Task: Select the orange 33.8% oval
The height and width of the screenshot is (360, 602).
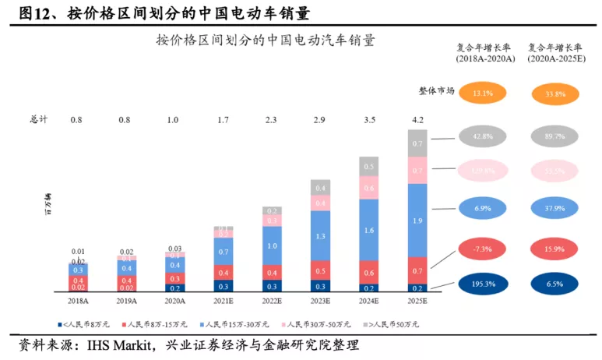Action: (x=554, y=94)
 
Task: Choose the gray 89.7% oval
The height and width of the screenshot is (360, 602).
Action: (x=554, y=136)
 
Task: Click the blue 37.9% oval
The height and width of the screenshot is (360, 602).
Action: (x=554, y=209)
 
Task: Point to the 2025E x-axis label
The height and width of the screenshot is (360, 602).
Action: (x=418, y=298)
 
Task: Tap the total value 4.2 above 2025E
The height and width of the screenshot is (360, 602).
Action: (x=418, y=119)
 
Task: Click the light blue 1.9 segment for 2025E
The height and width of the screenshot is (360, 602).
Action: (x=418, y=221)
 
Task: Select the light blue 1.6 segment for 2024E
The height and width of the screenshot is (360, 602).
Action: (x=369, y=230)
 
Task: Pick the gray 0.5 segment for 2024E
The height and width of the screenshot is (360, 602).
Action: (x=369, y=167)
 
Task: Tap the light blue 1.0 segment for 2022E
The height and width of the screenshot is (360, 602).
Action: (x=272, y=245)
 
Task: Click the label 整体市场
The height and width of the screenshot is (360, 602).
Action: (x=436, y=90)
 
